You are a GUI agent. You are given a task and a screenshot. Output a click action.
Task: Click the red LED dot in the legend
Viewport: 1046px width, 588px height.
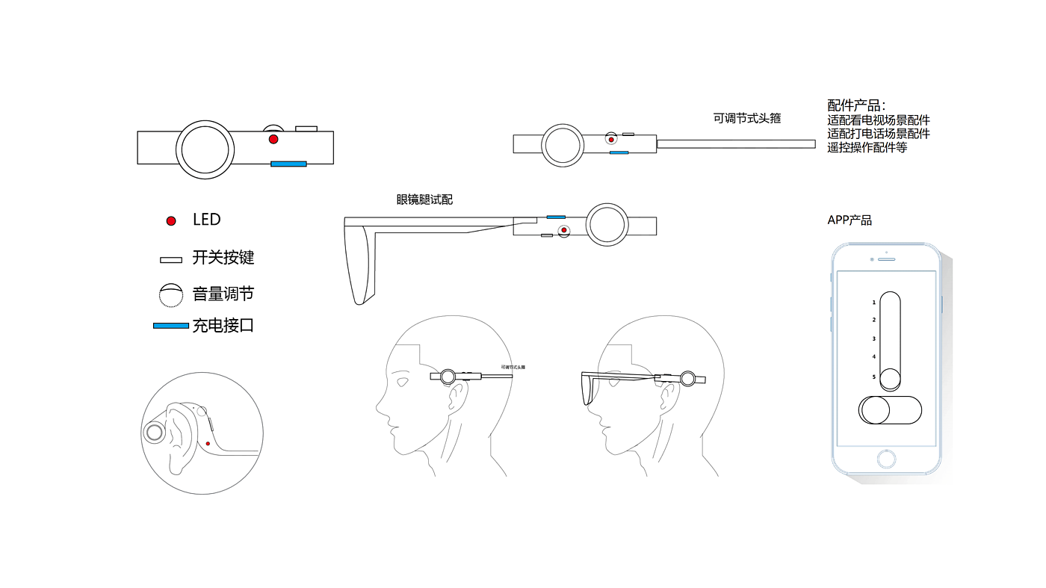pyautogui.click(x=171, y=220)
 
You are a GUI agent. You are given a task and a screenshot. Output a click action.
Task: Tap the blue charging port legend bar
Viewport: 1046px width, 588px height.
pyautogui.click(x=170, y=326)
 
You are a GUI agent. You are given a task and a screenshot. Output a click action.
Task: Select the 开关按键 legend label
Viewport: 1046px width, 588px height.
pyautogui.click(x=223, y=258)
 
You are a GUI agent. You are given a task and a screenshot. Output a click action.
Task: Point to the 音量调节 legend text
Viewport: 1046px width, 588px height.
pyautogui.click(x=223, y=294)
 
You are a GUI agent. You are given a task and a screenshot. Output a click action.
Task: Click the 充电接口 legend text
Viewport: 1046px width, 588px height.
pyautogui.click(x=223, y=326)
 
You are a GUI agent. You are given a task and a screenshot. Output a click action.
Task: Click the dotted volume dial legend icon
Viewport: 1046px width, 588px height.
pyautogui.click(x=171, y=295)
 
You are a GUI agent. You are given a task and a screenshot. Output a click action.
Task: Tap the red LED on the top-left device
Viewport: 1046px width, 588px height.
pyautogui.click(x=273, y=140)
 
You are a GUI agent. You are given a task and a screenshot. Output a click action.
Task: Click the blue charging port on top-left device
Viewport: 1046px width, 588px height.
pyautogui.click(x=288, y=164)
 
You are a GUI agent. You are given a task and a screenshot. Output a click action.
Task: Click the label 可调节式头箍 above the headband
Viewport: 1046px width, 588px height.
pyautogui.click(x=747, y=118)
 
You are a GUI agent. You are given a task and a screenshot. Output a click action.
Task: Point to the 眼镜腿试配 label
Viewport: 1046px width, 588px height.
pyautogui.click(x=424, y=200)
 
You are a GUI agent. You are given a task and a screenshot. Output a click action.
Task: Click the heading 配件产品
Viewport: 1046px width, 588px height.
pyautogui.click(x=856, y=105)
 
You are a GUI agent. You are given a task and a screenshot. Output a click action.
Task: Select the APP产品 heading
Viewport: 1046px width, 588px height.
pyautogui.click(x=850, y=220)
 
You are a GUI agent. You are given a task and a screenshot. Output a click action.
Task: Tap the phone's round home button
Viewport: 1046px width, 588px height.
pyautogui.click(x=887, y=458)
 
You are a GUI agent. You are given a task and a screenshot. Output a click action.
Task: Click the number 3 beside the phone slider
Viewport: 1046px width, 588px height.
pyautogui.click(x=873, y=339)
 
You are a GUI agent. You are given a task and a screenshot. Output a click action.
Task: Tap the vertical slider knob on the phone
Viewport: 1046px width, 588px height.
pyautogui.click(x=890, y=380)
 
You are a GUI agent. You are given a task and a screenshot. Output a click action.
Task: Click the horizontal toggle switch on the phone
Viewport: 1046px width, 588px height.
pyautogui.click(x=890, y=410)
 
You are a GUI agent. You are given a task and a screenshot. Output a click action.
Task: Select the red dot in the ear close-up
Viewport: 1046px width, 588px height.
pyautogui.click(x=208, y=444)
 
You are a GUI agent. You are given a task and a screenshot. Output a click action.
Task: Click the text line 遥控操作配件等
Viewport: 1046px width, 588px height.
pyautogui.click(x=867, y=148)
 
